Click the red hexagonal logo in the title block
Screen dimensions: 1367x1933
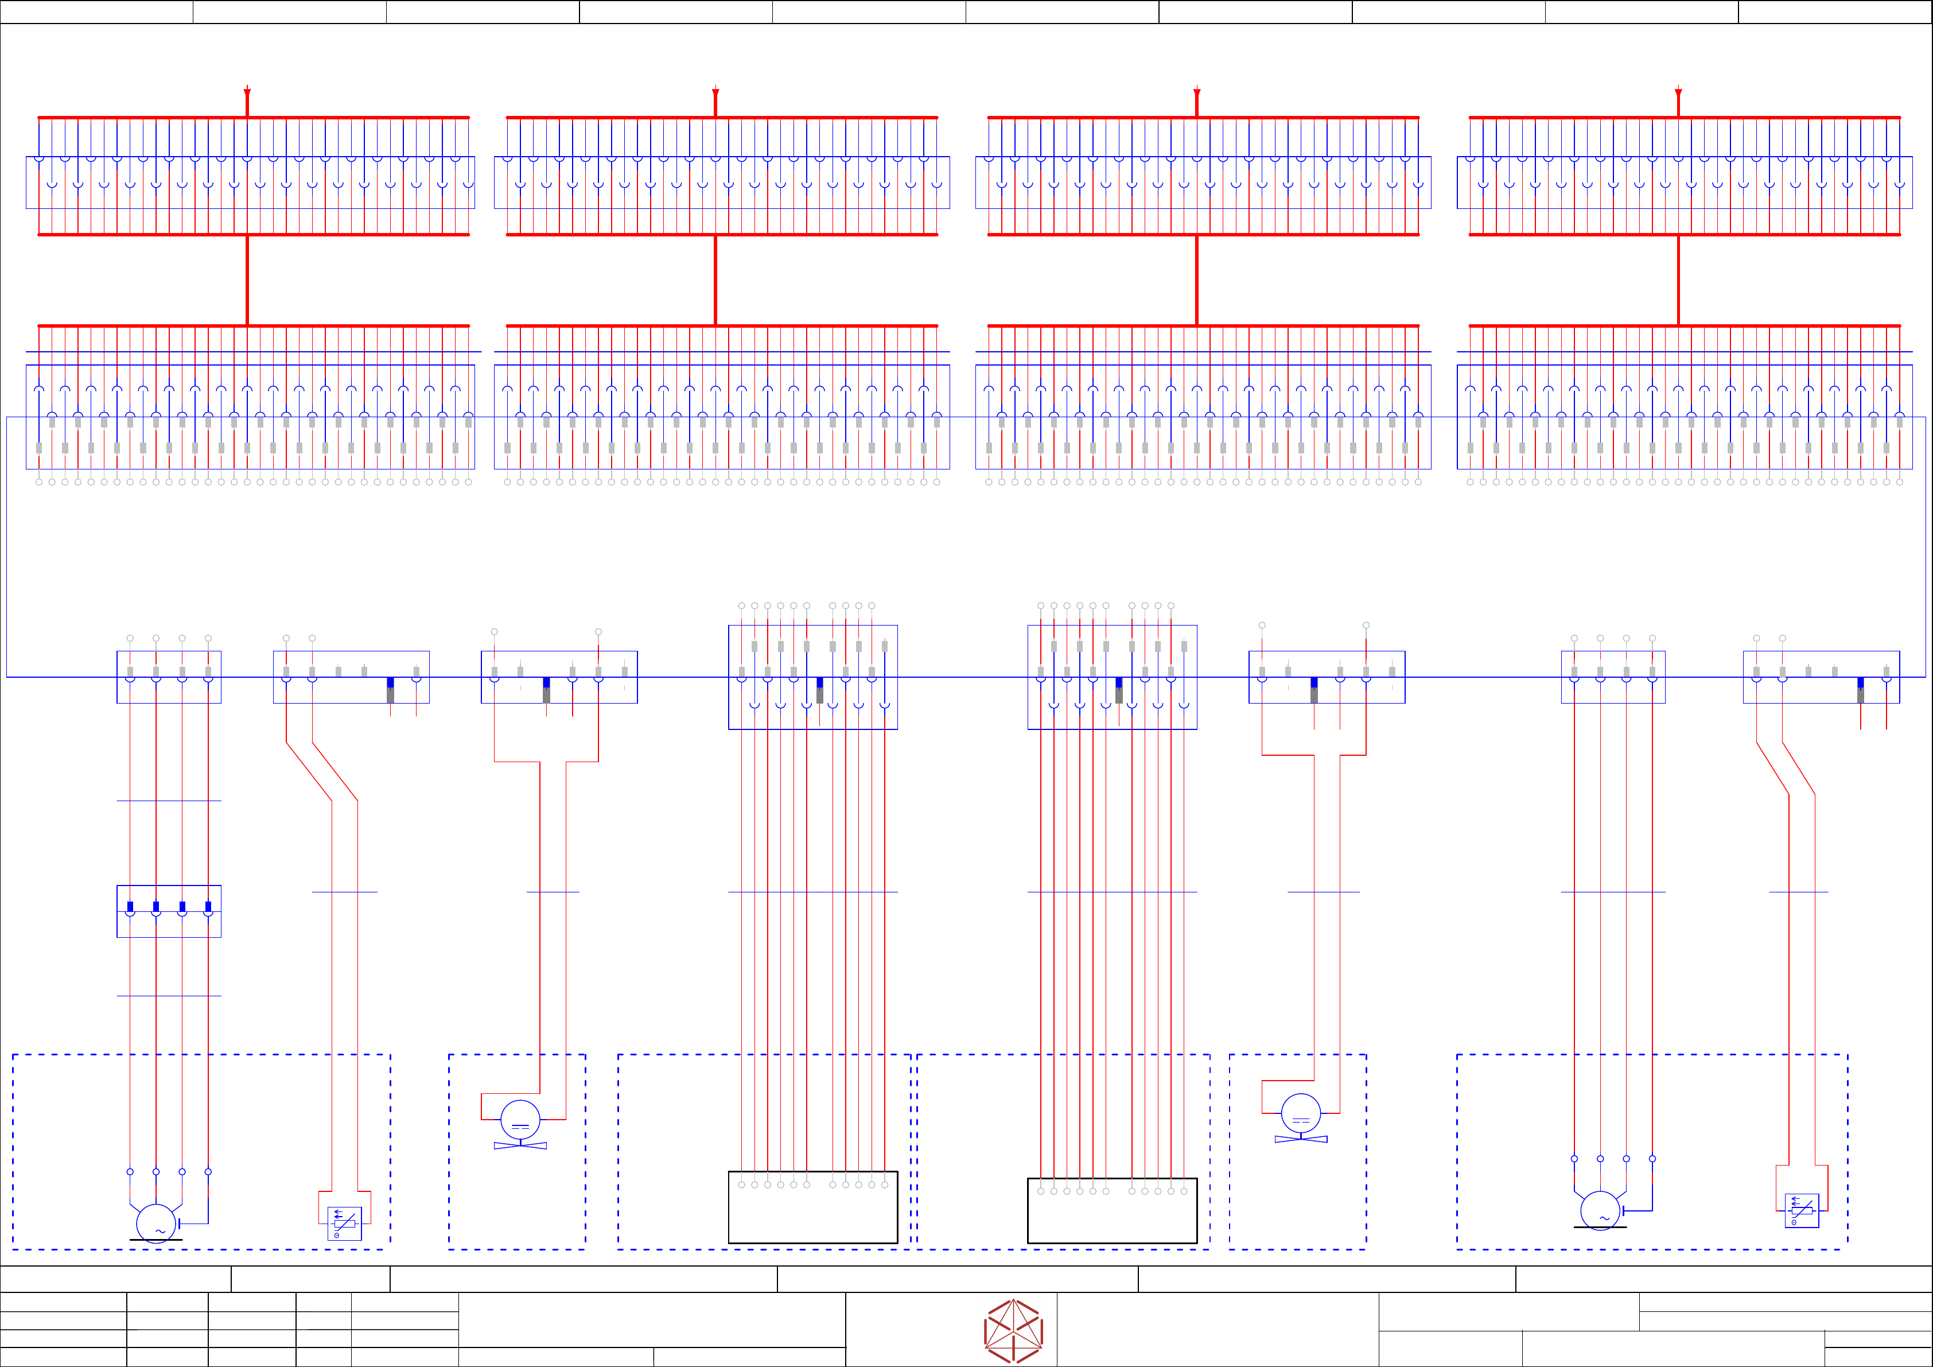(1014, 1331)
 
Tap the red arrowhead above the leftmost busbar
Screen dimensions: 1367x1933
(247, 92)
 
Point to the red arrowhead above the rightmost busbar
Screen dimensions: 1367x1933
(1678, 92)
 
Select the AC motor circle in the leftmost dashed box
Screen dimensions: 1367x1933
(155, 1223)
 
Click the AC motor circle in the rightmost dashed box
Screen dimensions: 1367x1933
(1600, 1210)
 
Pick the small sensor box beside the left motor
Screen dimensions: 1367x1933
(344, 1224)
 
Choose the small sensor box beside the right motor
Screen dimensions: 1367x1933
(1802, 1210)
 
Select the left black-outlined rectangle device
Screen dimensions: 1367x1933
(812, 1207)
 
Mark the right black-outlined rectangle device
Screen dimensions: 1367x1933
(1112, 1210)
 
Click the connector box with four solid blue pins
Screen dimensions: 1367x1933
(168, 911)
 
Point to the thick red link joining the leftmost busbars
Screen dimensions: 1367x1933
(247, 279)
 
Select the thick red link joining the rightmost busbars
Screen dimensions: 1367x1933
(1678, 279)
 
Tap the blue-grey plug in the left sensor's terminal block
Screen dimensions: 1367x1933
(390, 689)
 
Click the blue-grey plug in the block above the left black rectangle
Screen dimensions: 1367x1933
(819, 689)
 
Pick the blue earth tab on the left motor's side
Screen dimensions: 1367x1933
(180, 1223)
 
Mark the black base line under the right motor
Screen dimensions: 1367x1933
(1600, 1227)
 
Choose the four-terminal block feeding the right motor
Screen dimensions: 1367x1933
(1613, 677)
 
